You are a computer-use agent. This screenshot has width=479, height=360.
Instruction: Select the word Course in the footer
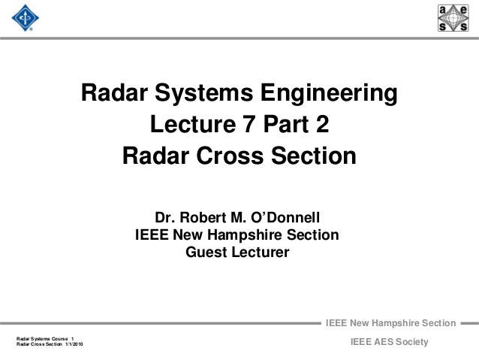point(59,338)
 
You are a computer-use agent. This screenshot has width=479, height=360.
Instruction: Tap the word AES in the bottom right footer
point(370,343)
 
